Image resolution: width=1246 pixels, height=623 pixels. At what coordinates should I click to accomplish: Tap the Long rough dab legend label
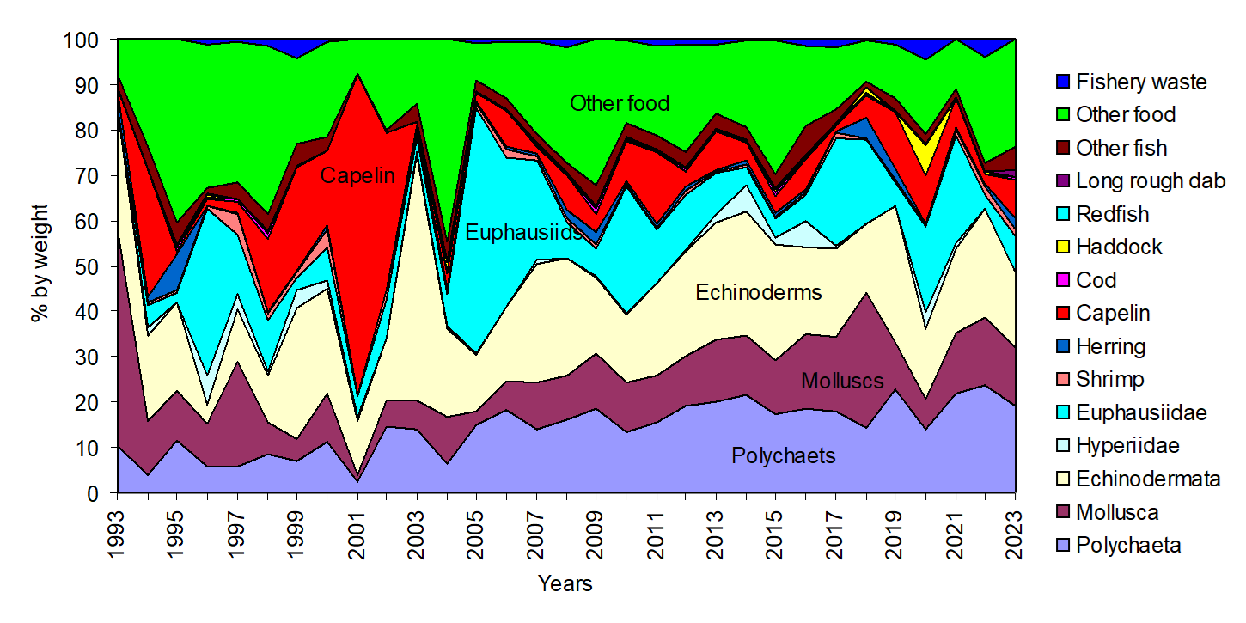click(x=1151, y=181)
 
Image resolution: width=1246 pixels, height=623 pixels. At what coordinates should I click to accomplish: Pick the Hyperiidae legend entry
click(x=1126, y=446)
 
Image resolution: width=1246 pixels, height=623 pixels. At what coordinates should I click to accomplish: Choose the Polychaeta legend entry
click(x=1128, y=546)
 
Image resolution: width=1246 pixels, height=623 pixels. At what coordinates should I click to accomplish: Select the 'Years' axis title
click(x=565, y=583)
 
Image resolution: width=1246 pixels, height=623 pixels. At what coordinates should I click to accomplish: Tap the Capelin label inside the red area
click(x=357, y=177)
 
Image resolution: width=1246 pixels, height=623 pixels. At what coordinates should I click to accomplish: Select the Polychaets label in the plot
click(x=783, y=455)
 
